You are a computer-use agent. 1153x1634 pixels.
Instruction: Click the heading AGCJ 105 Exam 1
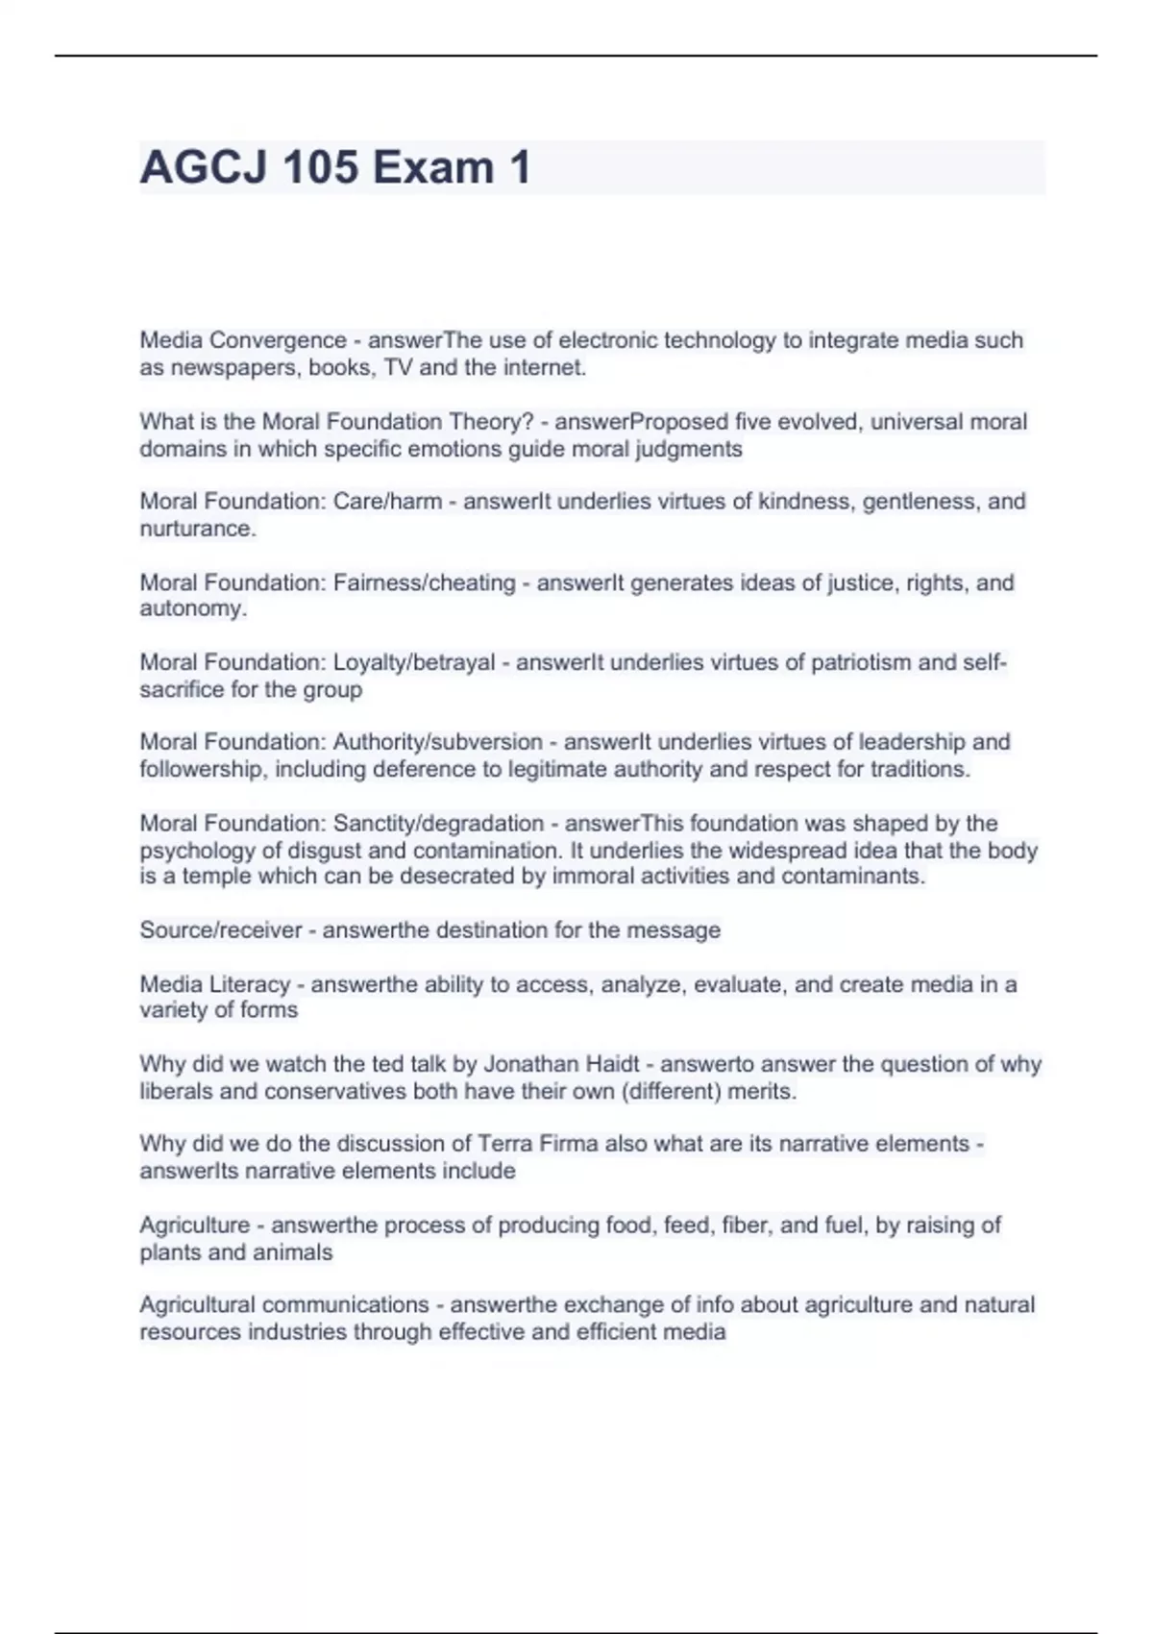pyautogui.click(x=335, y=167)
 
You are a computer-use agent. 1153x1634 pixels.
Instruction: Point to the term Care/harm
pyautogui.click(x=387, y=502)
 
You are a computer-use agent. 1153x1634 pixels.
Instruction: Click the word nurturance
pyautogui.click(x=197, y=529)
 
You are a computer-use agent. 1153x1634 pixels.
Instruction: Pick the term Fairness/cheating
pyautogui.click(x=424, y=582)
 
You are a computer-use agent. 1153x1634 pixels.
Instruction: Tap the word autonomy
pyautogui.click(x=192, y=608)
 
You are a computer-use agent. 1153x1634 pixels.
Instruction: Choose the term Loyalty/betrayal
pyautogui.click(x=414, y=662)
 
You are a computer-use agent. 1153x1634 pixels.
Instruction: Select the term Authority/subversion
pyautogui.click(x=437, y=742)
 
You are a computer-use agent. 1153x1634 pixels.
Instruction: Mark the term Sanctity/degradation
pyautogui.click(x=438, y=824)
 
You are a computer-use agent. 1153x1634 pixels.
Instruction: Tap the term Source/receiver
pyautogui.click(x=220, y=930)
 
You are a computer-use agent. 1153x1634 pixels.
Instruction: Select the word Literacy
pyautogui.click(x=249, y=984)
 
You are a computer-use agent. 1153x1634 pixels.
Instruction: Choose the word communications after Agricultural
pyautogui.click(x=345, y=1305)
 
